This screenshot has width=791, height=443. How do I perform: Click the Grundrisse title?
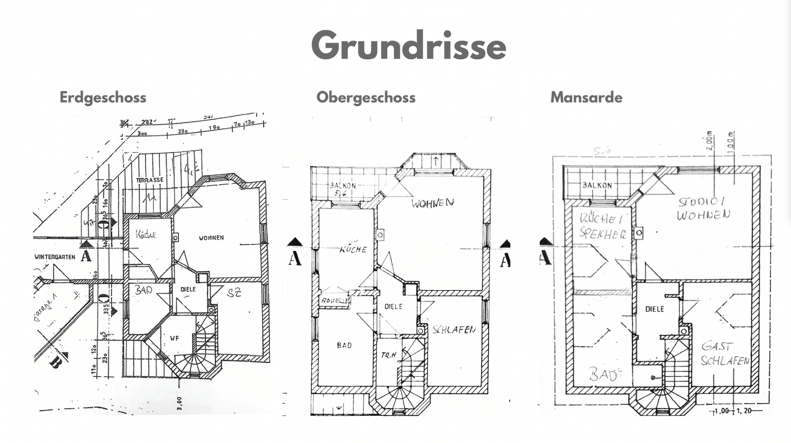coord(409,46)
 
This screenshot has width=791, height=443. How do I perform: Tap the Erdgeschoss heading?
coord(103,97)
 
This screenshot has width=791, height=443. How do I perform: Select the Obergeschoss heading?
coord(366,97)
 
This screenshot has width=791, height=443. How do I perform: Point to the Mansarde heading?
coord(586,97)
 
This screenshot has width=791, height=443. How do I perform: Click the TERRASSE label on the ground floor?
coord(149,180)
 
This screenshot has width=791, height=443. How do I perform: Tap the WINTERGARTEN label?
coord(55,257)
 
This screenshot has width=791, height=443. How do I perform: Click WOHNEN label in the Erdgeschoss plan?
coord(211,238)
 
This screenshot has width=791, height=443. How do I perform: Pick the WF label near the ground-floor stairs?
coord(174,338)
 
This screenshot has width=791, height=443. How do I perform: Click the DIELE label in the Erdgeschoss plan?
coord(188,289)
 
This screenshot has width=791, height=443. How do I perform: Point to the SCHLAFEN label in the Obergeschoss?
coord(454,330)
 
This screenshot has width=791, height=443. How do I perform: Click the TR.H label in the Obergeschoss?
coord(388,355)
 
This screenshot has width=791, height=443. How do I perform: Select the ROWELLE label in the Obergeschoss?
coord(335,301)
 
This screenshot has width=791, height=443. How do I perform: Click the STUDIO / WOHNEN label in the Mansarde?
coord(703,209)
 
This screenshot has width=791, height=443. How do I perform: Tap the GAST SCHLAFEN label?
coord(725,354)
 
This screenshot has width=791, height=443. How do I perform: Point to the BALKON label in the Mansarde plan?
coord(597,185)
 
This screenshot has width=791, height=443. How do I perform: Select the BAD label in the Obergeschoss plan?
coord(345,345)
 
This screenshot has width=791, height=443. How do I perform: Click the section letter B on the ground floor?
coord(55,363)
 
